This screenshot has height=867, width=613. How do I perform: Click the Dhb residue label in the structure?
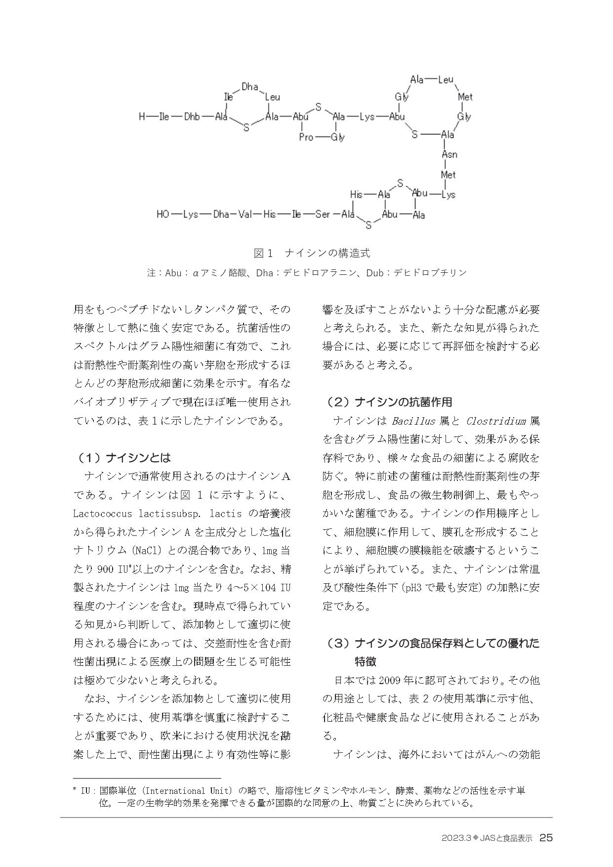click(x=192, y=117)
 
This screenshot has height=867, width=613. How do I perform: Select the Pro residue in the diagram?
click(x=306, y=137)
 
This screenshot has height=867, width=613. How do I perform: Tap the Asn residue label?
click(x=449, y=154)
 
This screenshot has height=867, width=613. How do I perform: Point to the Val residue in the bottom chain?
click(x=245, y=215)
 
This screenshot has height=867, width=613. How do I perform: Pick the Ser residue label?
click(x=323, y=215)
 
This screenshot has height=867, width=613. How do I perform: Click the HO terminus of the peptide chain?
click(x=163, y=215)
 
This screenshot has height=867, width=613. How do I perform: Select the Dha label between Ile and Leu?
click(x=250, y=87)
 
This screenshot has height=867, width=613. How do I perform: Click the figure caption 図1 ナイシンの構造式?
click(x=312, y=253)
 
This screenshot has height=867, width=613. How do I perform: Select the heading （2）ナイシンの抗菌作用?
click(x=388, y=402)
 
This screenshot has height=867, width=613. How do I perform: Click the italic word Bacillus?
click(x=413, y=421)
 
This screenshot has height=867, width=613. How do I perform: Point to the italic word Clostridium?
click(x=495, y=421)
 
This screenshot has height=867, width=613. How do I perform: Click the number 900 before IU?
click(x=106, y=569)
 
